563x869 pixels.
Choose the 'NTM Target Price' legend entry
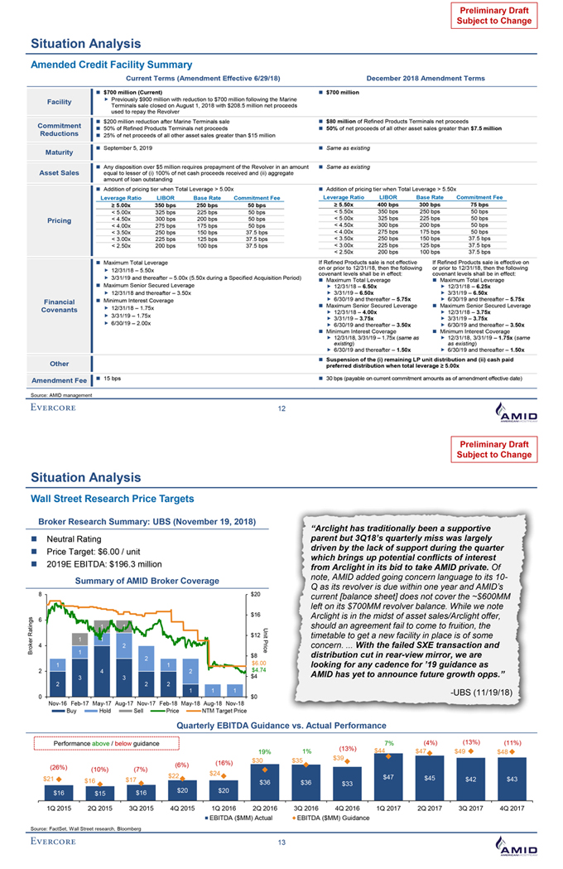tap(224, 711)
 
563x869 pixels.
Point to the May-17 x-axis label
tap(99, 702)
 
